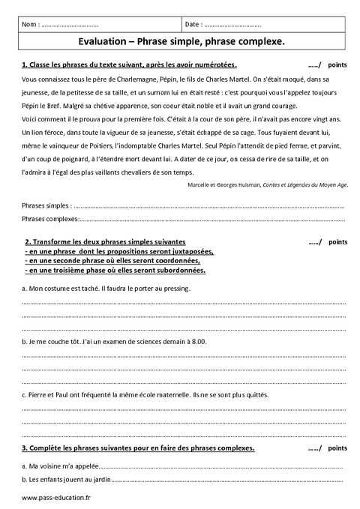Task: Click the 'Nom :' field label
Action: click(32, 25)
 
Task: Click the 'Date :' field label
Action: click(193, 25)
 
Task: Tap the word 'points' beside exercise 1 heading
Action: click(338, 65)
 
